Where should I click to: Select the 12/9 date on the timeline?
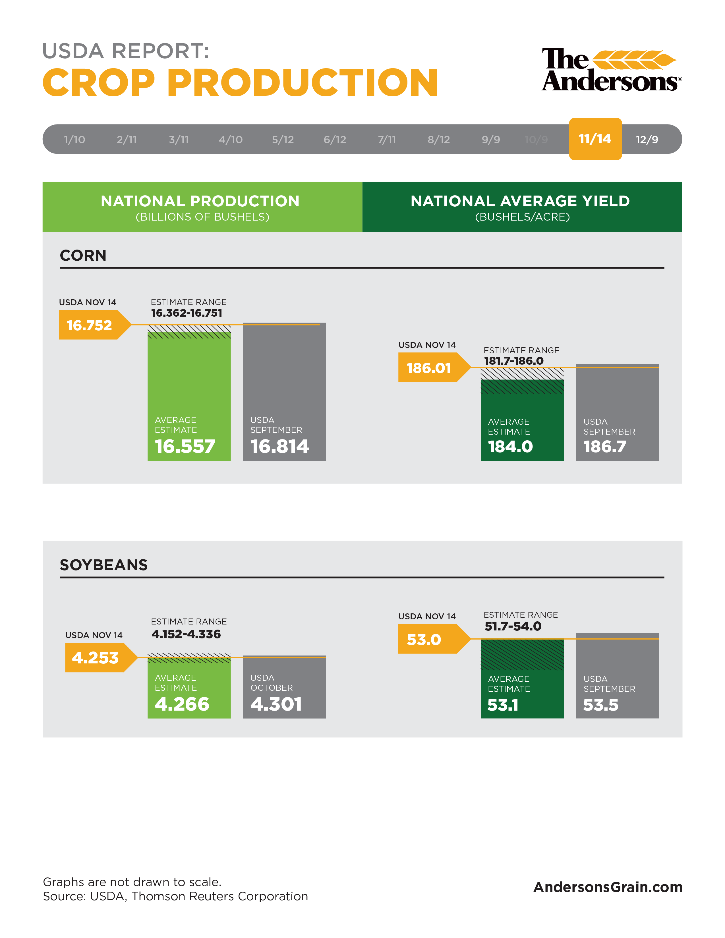(647, 140)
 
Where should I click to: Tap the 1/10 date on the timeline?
(74, 140)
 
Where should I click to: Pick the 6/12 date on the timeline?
(335, 140)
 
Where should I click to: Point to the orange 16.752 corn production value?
(89, 325)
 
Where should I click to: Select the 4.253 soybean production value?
(95, 657)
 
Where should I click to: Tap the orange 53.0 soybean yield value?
(424, 640)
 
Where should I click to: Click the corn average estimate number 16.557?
(185, 446)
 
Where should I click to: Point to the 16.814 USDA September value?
(279, 446)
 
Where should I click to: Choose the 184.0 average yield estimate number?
(510, 447)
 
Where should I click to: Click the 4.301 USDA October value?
(276, 704)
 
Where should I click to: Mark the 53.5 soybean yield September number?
(600, 705)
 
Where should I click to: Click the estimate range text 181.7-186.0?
(514, 361)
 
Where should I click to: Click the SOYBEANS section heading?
(103, 565)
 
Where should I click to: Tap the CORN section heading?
(83, 256)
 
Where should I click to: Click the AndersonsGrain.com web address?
(608, 887)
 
